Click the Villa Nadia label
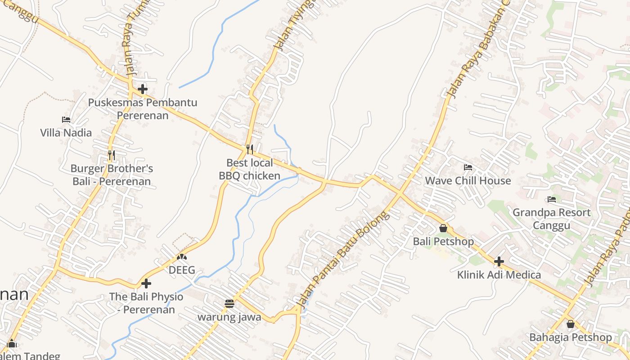coord(66,133)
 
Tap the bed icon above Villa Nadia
coord(66,120)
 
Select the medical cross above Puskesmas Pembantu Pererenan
coord(143,89)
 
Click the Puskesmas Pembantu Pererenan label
coord(143,109)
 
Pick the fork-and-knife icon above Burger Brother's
coord(111,155)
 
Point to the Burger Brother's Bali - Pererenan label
coord(112,175)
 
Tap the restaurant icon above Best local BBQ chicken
coord(249,149)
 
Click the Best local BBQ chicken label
coord(249,169)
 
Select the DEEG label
coord(182,270)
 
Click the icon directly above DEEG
coord(182,257)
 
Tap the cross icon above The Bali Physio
coord(146,283)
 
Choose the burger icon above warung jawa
coord(229,303)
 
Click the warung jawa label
coord(229,317)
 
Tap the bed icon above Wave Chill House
coord(468,167)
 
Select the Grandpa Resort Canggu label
coord(551,219)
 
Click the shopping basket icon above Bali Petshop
coord(443,228)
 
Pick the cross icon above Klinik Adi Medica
coord(499,261)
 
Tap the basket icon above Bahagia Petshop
coord(571,324)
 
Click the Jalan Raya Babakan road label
coord(477,49)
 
